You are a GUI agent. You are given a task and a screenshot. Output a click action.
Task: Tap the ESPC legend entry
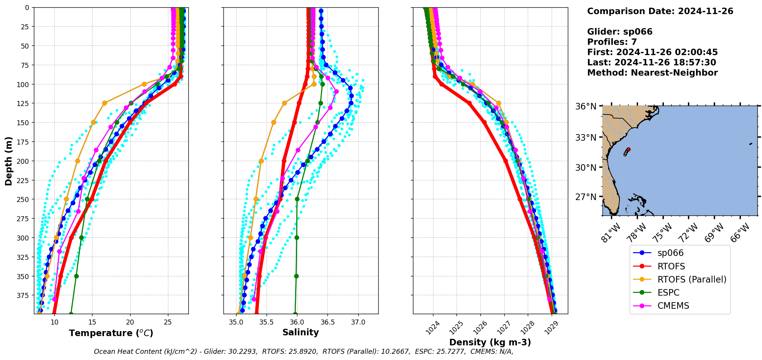[668, 293]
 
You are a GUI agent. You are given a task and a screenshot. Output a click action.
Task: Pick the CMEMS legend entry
[673, 306]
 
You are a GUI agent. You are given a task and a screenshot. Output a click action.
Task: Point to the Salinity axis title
[300, 333]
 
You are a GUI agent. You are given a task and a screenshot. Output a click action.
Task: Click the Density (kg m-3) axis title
[490, 342]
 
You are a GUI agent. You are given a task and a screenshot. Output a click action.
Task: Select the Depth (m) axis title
[9, 161]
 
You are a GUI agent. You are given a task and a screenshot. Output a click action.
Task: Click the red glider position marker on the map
[628, 149]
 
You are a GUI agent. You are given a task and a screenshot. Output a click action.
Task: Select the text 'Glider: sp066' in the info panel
[619, 32]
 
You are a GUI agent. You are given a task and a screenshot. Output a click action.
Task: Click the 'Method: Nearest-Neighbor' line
[652, 73]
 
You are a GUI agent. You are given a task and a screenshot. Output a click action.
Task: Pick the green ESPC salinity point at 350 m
[296, 276]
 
